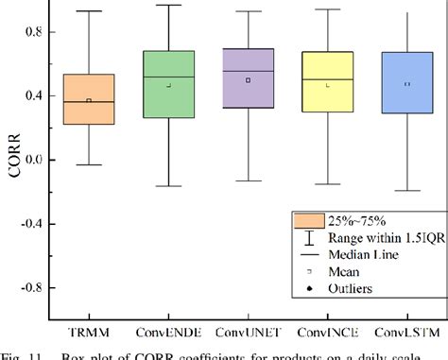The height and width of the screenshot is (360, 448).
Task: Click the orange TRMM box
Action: pyautogui.click(x=88, y=99)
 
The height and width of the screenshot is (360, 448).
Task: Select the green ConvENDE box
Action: pyautogui.click(x=167, y=85)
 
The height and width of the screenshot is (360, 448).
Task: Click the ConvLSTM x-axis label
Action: pyautogui.click(x=406, y=333)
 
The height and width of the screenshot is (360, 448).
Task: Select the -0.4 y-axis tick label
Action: pyautogui.click(x=31, y=224)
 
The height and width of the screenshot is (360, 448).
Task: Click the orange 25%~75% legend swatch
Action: pyautogui.click(x=306, y=221)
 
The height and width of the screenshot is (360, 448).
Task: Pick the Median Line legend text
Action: pyautogui.click(x=364, y=254)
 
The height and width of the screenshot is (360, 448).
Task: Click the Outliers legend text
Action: pyautogui.click(x=352, y=287)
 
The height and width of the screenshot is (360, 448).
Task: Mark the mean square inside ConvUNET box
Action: pyautogui.click(x=248, y=80)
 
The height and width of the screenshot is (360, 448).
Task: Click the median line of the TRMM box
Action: pyautogui.click(x=88, y=102)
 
